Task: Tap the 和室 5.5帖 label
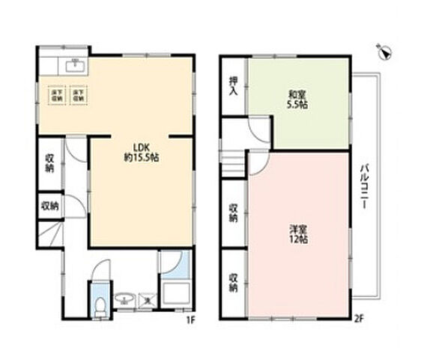tap(295, 100)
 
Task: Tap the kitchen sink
tap(74, 65)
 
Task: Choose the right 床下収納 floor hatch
tap(77, 95)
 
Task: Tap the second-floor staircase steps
tap(234, 162)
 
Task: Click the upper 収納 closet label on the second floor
tap(234, 213)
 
